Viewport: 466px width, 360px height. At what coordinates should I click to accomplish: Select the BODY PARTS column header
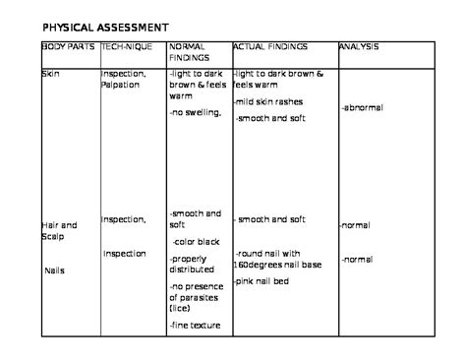[x=69, y=46]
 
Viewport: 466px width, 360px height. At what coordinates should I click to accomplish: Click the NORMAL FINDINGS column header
[x=190, y=52]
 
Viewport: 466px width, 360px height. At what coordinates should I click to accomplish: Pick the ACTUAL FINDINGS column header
[x=270, y=46]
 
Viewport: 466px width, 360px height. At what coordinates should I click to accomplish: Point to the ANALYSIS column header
[x=359, y=46]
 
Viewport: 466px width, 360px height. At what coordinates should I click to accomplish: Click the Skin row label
[x=49, y=73]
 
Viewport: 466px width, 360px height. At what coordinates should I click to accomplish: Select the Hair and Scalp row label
[x=58, y=231]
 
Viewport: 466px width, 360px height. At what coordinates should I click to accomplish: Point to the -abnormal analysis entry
[x=363, y=107]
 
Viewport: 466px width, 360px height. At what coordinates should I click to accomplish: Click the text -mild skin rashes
[x=268, y=102]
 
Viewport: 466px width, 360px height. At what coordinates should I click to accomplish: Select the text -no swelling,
[x=196, y=113]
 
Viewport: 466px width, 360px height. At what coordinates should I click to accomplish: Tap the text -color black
[x=197, y=240]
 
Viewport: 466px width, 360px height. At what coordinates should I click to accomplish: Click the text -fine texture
[x=195, y=325]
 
